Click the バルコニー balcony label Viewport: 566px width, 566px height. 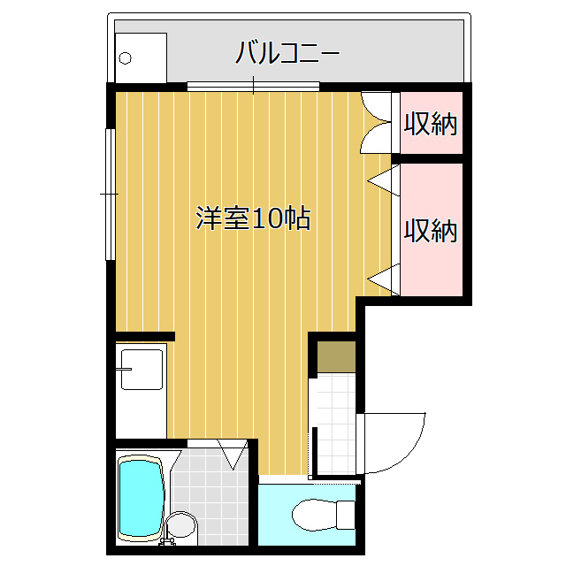click(x=287, y=53)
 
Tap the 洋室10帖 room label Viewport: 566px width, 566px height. click(x=253, y=218)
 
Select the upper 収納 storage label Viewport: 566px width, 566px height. click(x=431, y=124)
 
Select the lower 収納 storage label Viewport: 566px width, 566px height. click(x=431, y=230)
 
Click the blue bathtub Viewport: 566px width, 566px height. click(x=141, y=499)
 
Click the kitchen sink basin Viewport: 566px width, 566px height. click(x=141, y=370)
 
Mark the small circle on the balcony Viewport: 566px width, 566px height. click(x=125, y=58)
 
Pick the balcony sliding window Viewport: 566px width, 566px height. click(x=254, y=87)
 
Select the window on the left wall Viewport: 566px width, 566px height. click(x=110, y=195)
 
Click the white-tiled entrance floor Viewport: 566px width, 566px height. click(x=336, y=424)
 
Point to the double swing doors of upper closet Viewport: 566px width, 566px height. click(x=376, y=122)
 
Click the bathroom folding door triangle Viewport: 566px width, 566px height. click(x=233, y=454)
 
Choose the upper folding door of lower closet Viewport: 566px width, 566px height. click(x=384, y=180)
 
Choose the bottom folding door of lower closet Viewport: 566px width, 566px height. click(x=384, y=279)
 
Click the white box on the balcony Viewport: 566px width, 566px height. click(x=141, y=57)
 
